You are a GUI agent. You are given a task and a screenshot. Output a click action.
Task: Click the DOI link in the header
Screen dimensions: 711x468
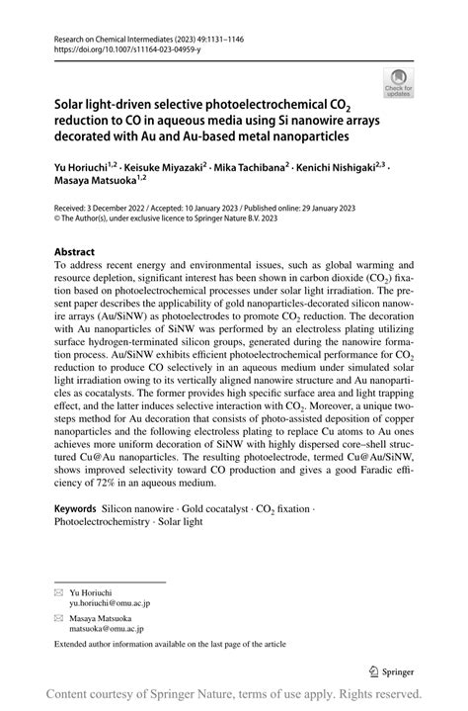click(x=108, y=48)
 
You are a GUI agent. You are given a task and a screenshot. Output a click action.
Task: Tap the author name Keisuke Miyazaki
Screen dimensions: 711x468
click(x=161, y=168)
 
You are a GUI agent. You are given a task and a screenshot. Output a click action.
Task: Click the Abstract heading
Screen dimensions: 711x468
click(x=75, y=251)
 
